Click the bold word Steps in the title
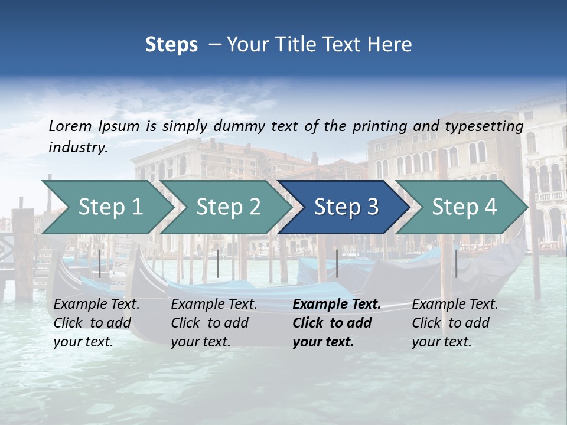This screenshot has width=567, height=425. (171, 45)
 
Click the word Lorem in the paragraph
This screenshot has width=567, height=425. (70, 126)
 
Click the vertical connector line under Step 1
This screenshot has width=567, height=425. (100, 263)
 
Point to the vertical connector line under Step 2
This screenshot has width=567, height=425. (218, 263)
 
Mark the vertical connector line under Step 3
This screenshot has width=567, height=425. (337, 263)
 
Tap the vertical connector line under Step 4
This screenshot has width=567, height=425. (456, 263)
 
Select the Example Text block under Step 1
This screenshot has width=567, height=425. (96, 323)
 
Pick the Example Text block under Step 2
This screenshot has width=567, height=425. (214, 323)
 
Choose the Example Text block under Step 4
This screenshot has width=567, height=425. (455, 323)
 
